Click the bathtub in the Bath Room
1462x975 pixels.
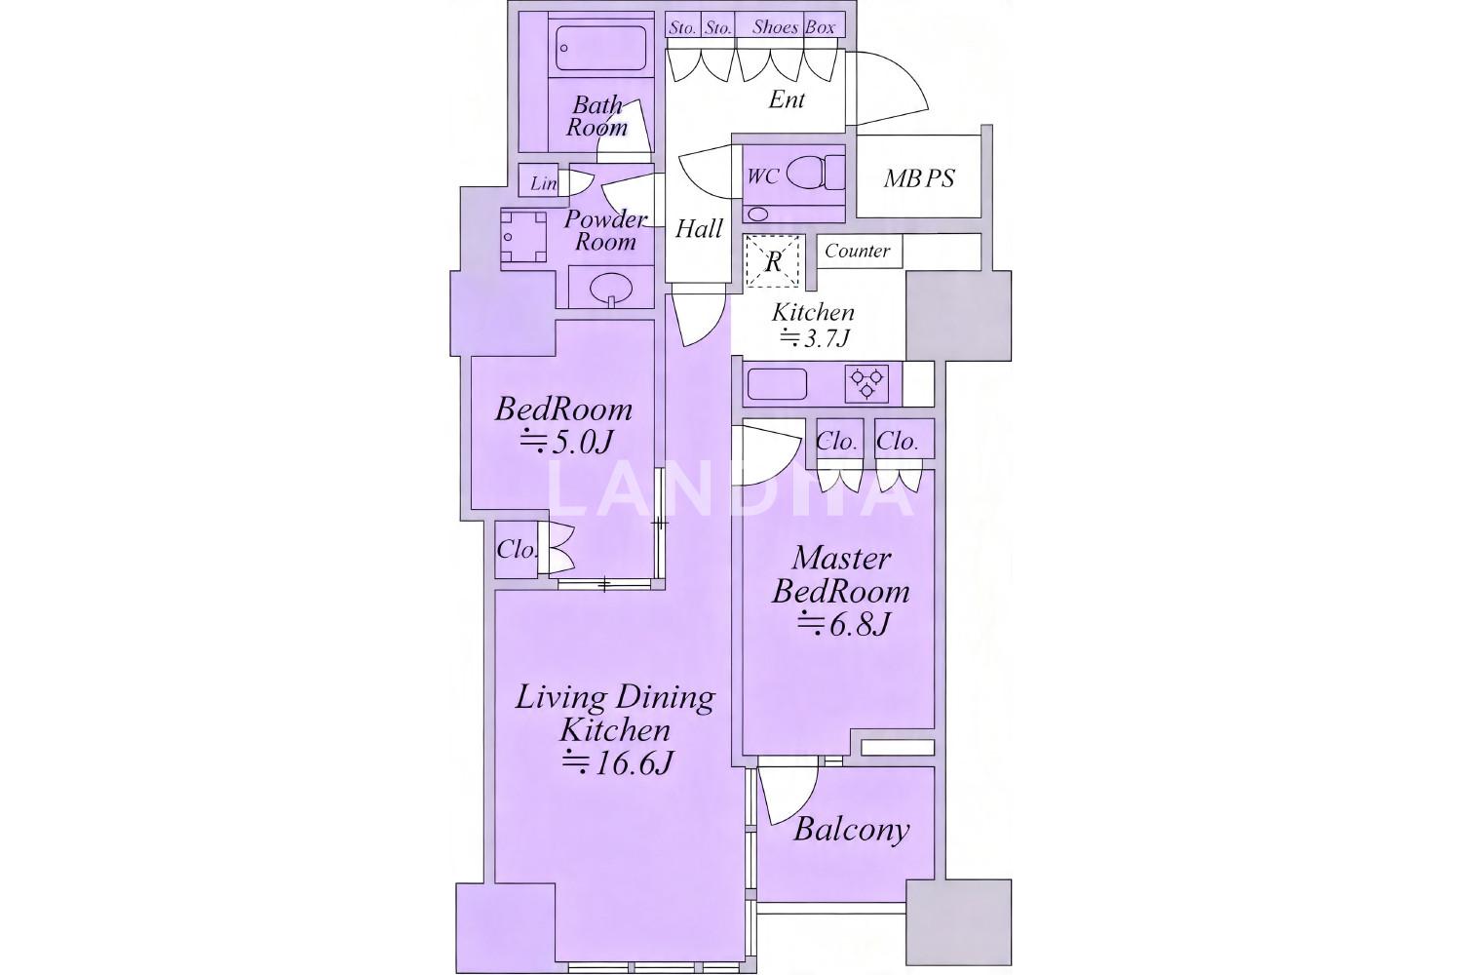click(x=601, y=48)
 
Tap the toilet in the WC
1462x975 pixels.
click(x=815, y=174)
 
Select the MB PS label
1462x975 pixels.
click(x=919, y=178)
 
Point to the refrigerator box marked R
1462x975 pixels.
click(x=773, y=260)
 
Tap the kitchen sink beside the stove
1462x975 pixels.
click(x=777, y=384)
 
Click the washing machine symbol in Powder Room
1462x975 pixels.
click(x=522, y=236)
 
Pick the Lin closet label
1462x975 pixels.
click(x=543, y=183)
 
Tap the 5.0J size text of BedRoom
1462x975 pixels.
click(x=566, y=444)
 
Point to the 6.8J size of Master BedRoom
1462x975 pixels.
click(x=843, y=624)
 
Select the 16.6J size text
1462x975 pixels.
click(x=617, y=762)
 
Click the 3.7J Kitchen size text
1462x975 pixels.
click(x=816, y=338)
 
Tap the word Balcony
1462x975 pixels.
click(x=851, y=830)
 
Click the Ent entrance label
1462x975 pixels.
click(x=787, y=99)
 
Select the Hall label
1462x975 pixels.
click(x=699, y=229)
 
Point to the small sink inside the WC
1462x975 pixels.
click(x=757, y=213)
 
